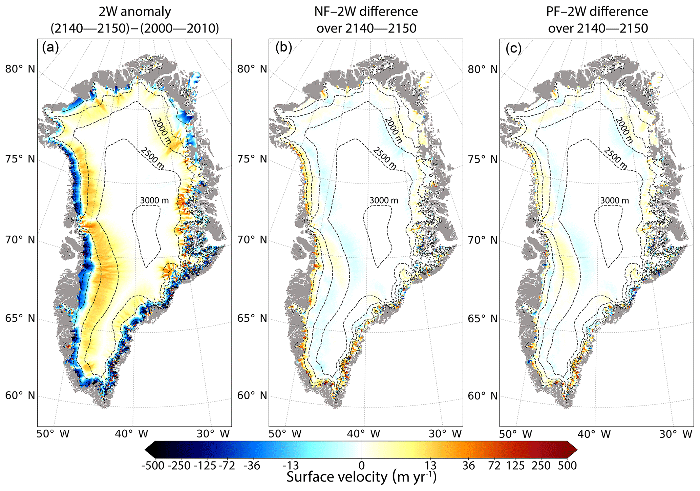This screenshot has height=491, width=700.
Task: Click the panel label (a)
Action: pyautogui.click(x=50, y=48)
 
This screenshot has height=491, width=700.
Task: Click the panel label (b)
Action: pyautogui.click(x=283, y=48)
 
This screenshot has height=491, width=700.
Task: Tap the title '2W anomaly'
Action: pyautogui.click(x=135, y=12)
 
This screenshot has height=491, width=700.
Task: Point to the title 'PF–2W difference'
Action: pyautogui.click(x=597, y=12)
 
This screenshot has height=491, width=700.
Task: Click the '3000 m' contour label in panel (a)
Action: pyautogui.click(x=154, y=200)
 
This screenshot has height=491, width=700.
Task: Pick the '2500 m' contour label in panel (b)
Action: pyautogui.click(x=385, y=158)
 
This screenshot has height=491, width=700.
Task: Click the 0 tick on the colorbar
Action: pyautogui.click(x=361, y=466)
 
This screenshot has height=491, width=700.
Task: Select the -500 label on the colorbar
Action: pyautogui.click(x=153, y=466)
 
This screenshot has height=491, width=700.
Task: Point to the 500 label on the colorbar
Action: pyautogui.click(x=568, y=466)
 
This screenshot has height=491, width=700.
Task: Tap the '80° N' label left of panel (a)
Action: pyautogui.click(x=20, y=69)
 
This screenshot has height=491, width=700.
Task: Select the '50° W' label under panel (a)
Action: pyautogui.click(x=53, y=434)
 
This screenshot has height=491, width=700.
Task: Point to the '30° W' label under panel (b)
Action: pyautogui.click(x=445, y=434)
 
